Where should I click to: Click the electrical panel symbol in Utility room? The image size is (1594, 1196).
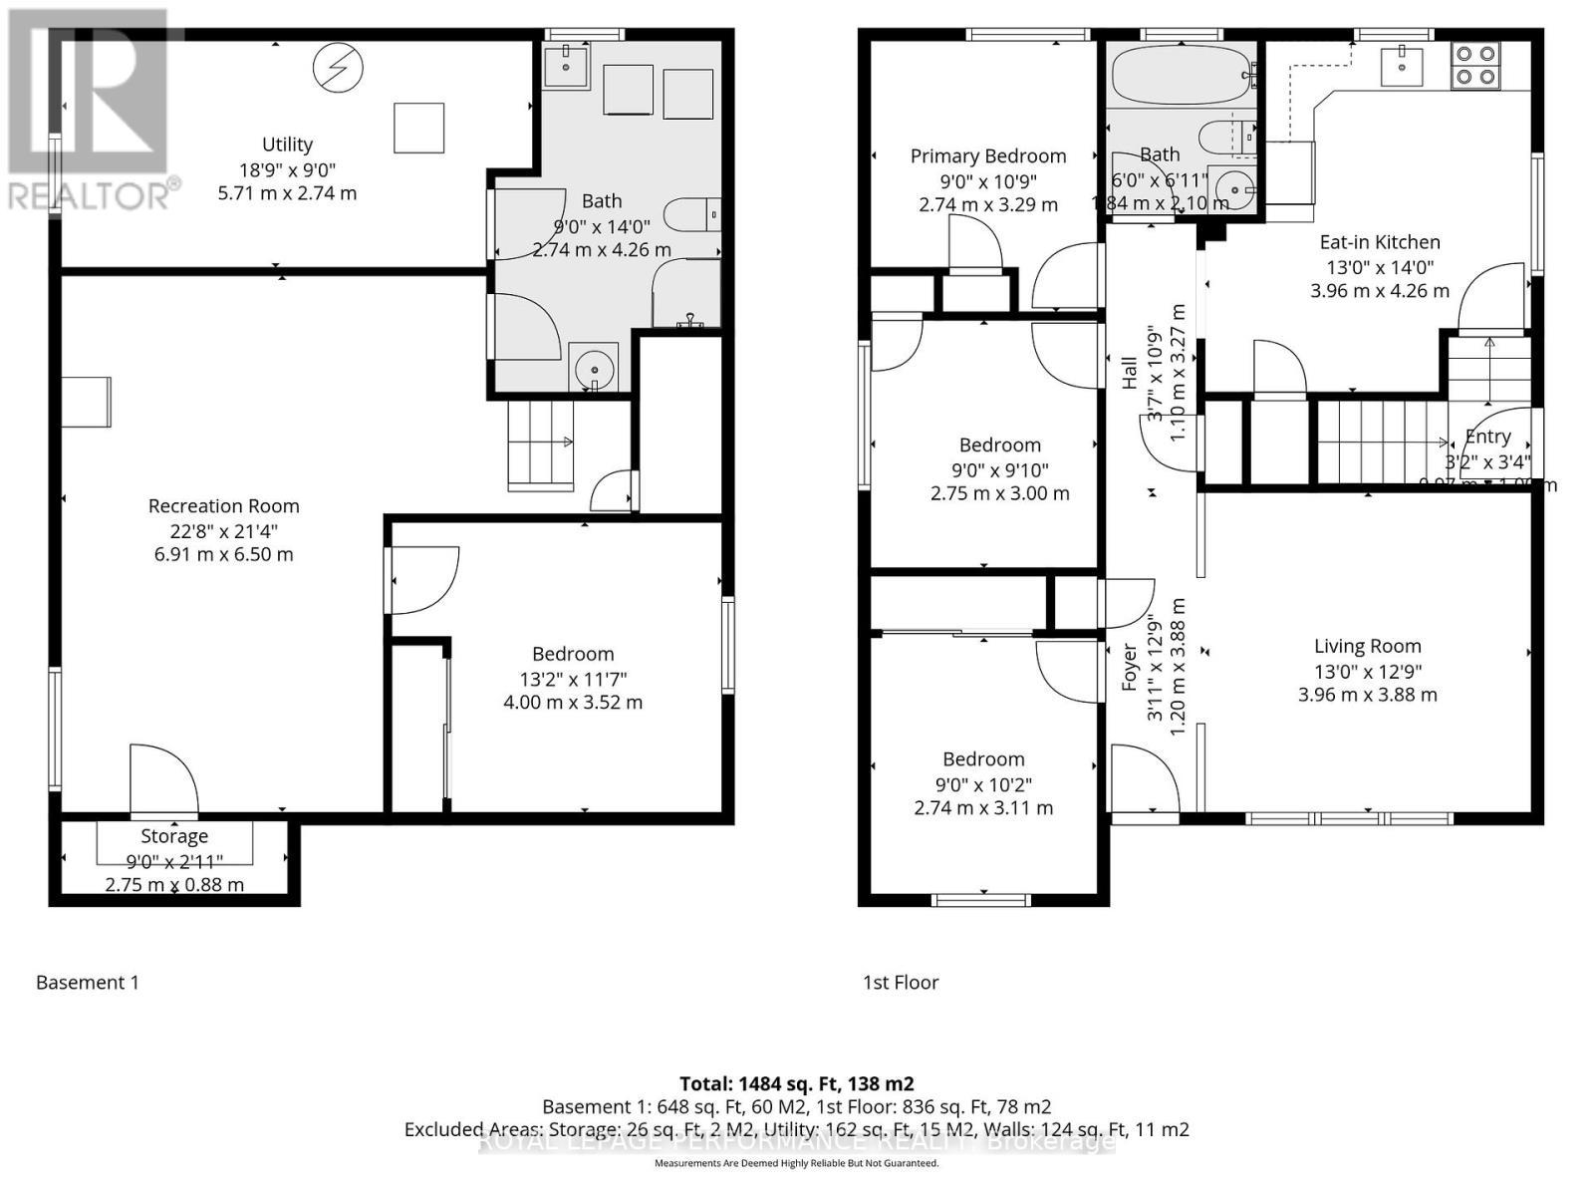(338, 68)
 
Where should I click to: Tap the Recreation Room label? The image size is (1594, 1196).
(223, 506)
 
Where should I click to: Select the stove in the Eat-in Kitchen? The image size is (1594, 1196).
(1476, 64)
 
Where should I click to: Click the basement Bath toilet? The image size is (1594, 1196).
(691, 213)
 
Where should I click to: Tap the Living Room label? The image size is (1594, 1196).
(1367, 646)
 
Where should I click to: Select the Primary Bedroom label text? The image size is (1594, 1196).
(987, 155)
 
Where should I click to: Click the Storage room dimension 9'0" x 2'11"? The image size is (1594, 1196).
(174, 861)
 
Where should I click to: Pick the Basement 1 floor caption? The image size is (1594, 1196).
(88, 983)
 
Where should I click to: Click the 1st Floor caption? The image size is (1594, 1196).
(901, 983)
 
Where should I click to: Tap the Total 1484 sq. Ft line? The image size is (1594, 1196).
(796, 1083)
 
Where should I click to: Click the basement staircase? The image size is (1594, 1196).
(541, 445)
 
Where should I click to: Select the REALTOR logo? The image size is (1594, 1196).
(92, 110)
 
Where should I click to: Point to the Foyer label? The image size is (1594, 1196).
(1130, 667)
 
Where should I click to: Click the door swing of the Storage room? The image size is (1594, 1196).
(164, 779)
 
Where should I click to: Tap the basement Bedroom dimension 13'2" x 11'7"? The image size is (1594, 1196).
(572, 680)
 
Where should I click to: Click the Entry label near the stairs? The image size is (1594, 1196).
(1487, 437)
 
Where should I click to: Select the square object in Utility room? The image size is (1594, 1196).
(418, 128)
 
